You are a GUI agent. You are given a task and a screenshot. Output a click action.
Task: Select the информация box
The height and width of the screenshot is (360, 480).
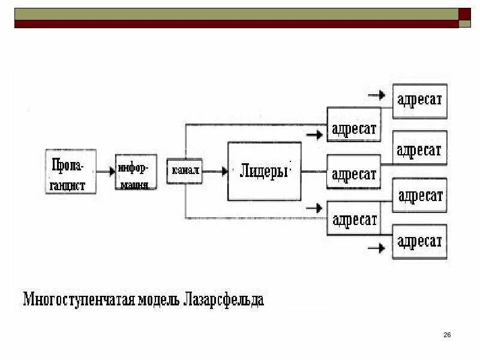click(x=136, y=172)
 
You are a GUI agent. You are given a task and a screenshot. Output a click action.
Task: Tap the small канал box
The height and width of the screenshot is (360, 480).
click(x=184, y=171)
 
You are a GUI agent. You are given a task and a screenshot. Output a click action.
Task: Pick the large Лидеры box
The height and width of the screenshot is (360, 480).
click(x=264, y=171)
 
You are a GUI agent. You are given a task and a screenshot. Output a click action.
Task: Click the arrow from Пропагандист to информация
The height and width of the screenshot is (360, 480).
click(x=106, y=171)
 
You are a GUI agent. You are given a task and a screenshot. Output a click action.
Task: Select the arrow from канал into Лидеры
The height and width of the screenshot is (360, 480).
click(x=215, y=171)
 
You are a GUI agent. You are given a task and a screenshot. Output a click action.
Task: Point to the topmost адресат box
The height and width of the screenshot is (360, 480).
click(x=419, y=99)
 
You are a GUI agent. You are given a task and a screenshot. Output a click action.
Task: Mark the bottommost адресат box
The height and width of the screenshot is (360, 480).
click(x=419, y=241)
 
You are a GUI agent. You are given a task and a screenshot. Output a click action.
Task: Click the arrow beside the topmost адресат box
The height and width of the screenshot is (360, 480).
click(x=377, y=95)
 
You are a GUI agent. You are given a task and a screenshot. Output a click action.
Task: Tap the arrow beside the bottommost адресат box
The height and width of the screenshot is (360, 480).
click(x=377, y=247)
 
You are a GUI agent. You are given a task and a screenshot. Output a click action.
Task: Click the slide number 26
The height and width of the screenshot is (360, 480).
click(x=447, y=334)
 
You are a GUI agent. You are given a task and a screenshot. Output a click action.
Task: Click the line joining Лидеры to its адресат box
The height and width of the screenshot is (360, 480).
click(x=313, y=172)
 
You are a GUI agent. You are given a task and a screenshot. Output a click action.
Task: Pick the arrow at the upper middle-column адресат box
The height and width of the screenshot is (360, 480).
click(x=314, y=135)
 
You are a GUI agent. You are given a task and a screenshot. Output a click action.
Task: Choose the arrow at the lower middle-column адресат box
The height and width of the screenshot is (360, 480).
click(x=314, y=208)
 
